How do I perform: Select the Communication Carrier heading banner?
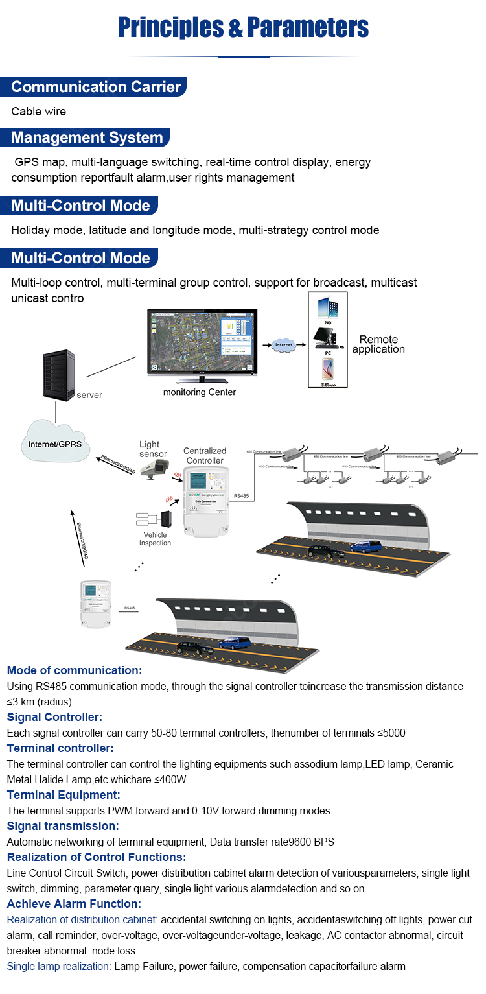95,87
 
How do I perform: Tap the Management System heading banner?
86,137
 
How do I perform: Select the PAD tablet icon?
328,308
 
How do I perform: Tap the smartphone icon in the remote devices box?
328,370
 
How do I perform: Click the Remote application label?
378,344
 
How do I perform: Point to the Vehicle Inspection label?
156,539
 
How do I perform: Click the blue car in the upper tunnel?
365,545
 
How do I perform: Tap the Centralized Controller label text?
205,455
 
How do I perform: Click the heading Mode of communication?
74,670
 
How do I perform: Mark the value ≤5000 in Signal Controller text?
391,733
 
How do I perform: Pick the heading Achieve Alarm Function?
74,904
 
